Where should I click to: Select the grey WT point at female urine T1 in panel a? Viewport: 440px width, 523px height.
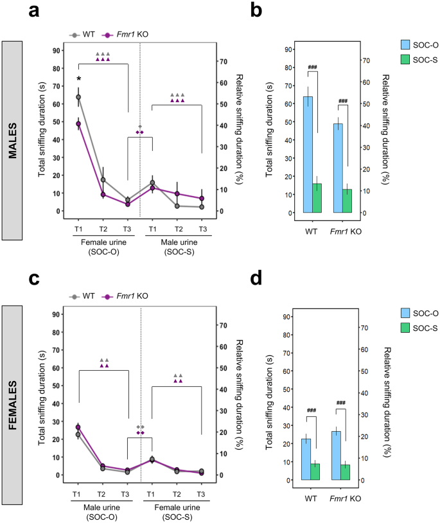[78, 97]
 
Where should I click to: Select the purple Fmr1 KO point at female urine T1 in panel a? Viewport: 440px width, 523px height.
[78, 123]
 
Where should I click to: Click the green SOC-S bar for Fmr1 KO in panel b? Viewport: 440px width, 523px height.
[348, 200]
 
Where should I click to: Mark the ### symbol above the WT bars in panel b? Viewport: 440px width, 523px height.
[313, 67]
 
